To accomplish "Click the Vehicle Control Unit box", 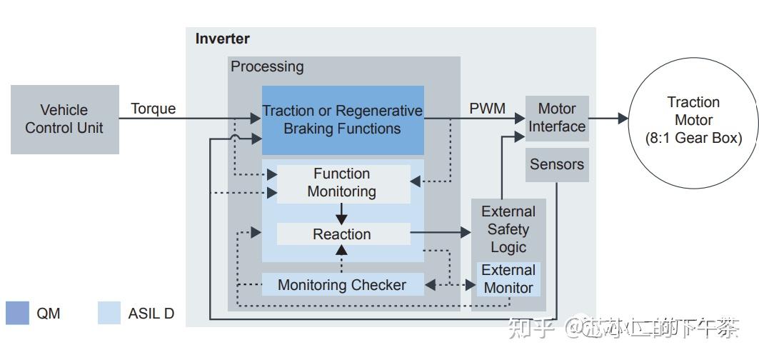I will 64,119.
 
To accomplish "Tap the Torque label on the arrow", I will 153,109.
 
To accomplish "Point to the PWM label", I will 487,109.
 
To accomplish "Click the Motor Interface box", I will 557,118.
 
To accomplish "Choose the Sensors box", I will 557,164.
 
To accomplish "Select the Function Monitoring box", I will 342,183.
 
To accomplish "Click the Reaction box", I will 342,234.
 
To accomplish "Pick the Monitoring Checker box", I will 342,285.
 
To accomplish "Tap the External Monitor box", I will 508,279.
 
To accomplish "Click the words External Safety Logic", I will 508,229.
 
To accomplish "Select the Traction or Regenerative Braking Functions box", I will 342,120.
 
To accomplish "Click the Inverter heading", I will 223,39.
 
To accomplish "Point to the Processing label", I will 267,66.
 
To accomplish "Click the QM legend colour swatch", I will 18,313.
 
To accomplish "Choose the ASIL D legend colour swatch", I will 109,313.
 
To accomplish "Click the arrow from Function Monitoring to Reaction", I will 342,213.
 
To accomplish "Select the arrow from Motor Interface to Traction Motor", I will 608,119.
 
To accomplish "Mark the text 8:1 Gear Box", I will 694,139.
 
